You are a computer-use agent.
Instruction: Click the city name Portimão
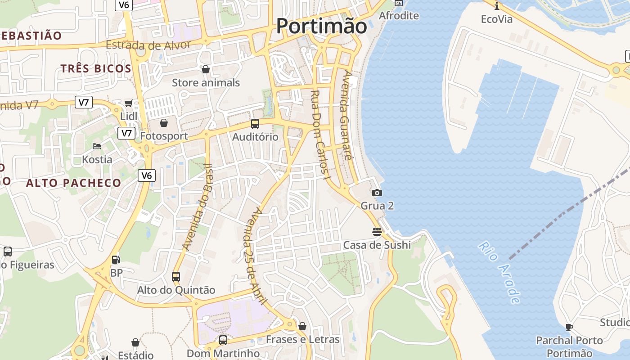coord(321,26)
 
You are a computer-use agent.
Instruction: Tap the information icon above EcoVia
coord(497,6)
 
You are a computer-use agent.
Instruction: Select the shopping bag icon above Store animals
coord(206,69)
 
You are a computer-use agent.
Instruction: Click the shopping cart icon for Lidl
coord(128,103)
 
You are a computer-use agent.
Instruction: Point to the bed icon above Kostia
coord(97,146)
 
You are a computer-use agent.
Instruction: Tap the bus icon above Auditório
coord(255,124)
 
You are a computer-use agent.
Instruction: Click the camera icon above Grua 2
coord(377,193)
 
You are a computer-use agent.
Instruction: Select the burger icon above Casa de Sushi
coord(377,232)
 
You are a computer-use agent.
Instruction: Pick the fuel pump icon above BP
coord(116,260)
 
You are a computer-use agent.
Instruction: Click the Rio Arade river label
coord(500,273)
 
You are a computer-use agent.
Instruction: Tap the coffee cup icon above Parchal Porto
coord(569,327)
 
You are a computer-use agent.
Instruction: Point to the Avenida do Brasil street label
coord(197,207)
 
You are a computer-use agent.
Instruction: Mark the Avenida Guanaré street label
coord(346,115)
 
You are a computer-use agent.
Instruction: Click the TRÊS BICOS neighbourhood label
coord(96,68)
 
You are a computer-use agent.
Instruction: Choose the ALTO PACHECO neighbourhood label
coord(73,183)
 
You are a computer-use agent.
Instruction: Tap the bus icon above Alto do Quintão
coord(176,276)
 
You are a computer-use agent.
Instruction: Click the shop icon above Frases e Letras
coord(302,326)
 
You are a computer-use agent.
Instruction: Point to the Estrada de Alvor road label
coord(148,45)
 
